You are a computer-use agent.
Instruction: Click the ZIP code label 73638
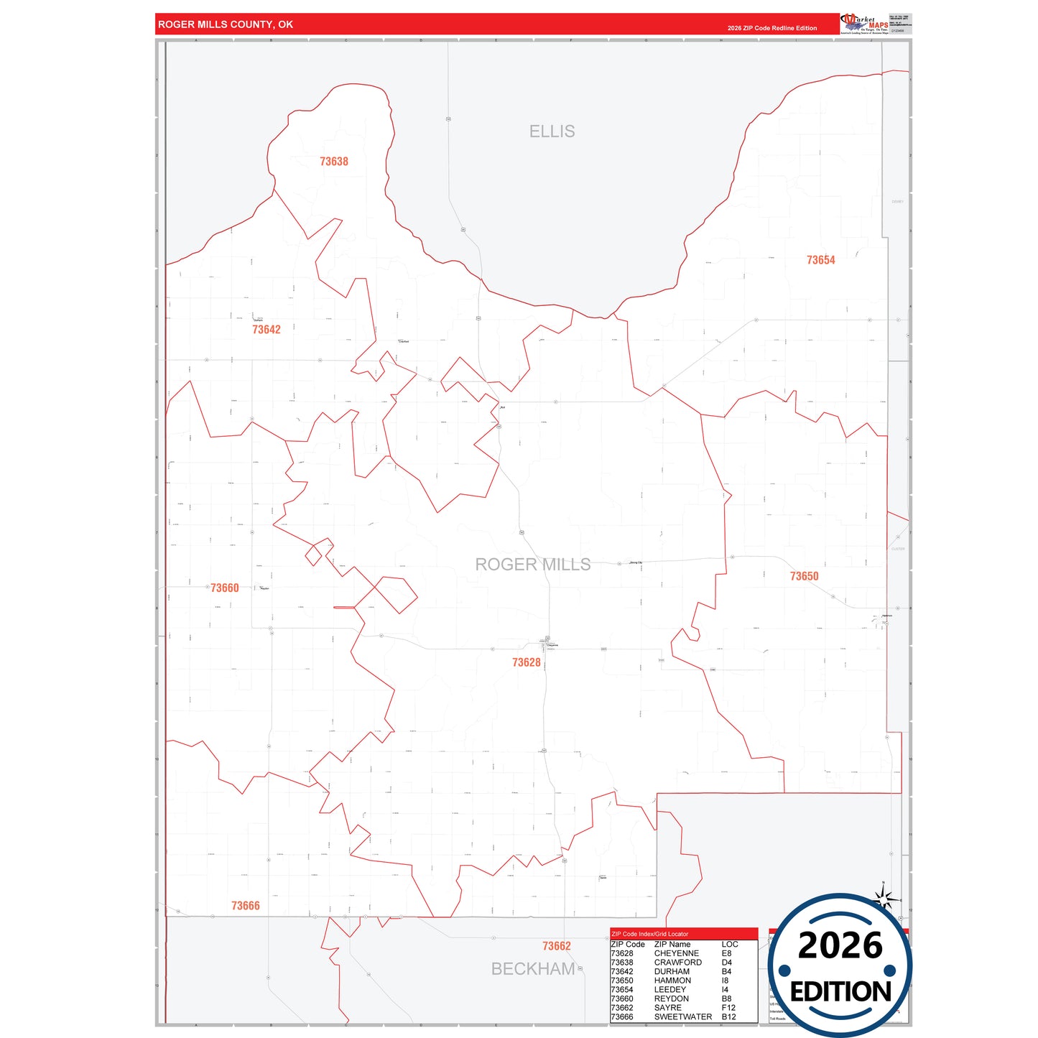334,162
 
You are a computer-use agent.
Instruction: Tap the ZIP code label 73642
267,330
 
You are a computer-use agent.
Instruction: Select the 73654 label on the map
820,260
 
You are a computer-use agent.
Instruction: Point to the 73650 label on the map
804,576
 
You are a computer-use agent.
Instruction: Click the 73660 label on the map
225,588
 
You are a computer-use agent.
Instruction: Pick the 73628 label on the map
527,662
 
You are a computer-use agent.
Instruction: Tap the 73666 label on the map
246,906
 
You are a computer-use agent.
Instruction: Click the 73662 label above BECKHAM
557,946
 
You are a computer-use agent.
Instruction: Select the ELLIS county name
552,131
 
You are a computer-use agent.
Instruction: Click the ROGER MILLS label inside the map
533,565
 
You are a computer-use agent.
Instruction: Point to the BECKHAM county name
533,969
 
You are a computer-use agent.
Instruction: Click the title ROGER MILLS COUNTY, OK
226,24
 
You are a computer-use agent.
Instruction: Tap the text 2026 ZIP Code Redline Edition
771,28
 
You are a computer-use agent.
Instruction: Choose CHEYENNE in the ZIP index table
676,953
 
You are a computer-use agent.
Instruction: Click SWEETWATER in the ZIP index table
682,1016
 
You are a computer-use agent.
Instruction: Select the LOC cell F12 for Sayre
728,1008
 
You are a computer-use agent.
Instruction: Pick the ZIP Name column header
672,944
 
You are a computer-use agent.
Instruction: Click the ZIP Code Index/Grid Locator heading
649,934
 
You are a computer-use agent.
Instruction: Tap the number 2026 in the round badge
840,946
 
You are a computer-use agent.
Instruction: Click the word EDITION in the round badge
840,992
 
